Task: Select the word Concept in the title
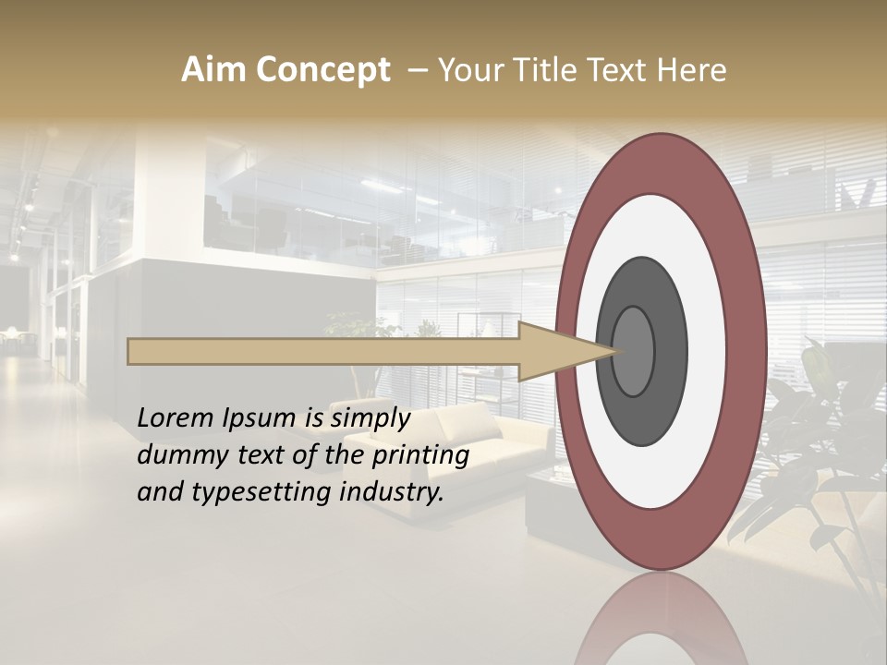click(x=322, y=70)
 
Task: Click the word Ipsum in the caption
click(x=260, y=418)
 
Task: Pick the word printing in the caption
click(x=419, y=455)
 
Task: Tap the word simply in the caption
click(x=370, y=418)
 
